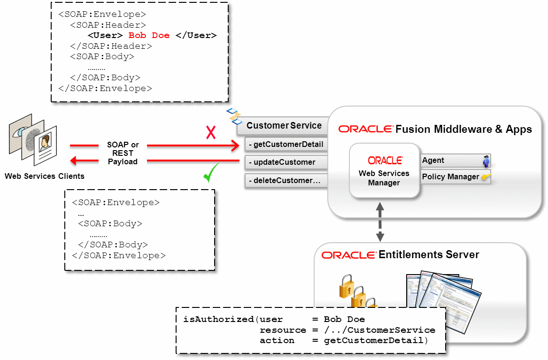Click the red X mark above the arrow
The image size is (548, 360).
coord(211,133)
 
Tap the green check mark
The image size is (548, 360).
coord(211,173)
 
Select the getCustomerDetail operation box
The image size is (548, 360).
coord(286,144)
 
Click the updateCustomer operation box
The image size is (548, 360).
coord(286,162)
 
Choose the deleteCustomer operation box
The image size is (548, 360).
coord(286,181)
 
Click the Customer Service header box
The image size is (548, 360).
coord(283,126)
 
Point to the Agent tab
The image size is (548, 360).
coord(456,160)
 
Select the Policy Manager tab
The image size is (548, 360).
coord(456,176)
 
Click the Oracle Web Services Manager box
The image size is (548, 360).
coord(384,171)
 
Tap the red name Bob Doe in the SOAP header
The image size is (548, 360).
coord(149,35)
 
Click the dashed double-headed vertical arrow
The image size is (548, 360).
coord(380,222)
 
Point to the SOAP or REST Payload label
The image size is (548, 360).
coord(123,153)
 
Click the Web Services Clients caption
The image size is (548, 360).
coord(45,176)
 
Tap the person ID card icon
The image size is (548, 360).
coord(46,145)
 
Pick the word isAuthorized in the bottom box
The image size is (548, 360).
coord(218,319)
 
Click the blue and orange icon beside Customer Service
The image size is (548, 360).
coord(234,116)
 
